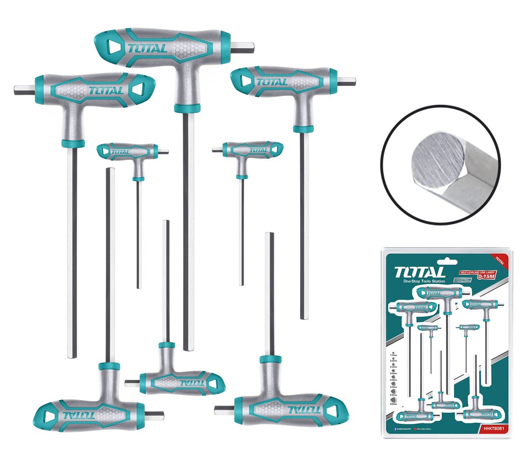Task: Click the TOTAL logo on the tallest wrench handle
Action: coord(147,48)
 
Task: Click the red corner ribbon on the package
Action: coord(499,259)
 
